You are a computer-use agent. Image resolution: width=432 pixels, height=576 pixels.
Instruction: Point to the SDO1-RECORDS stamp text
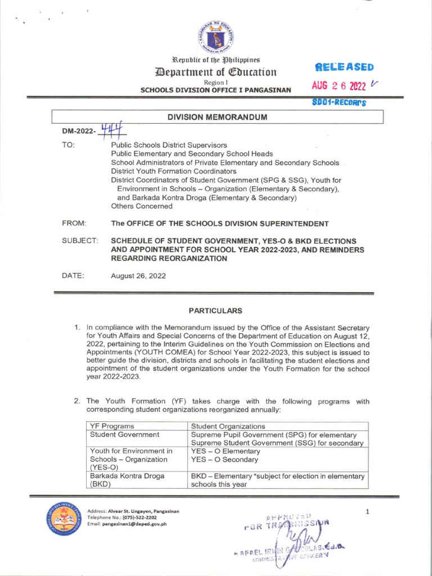coord(339,103)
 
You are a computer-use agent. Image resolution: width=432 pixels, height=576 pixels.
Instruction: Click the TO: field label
coord(69,145)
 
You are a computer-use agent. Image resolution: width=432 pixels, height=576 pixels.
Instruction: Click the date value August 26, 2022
coord(138,276)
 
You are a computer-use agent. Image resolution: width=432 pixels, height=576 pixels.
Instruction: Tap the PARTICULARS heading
coord(215,310)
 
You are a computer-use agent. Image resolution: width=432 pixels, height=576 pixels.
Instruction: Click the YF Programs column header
coord(111,426)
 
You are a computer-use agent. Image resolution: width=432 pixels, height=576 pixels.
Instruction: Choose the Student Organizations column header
coord(228,426)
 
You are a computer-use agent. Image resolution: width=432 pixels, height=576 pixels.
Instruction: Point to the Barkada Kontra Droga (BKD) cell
coord(124,480)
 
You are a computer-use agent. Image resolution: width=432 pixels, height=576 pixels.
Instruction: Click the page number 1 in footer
coord(367,511)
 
